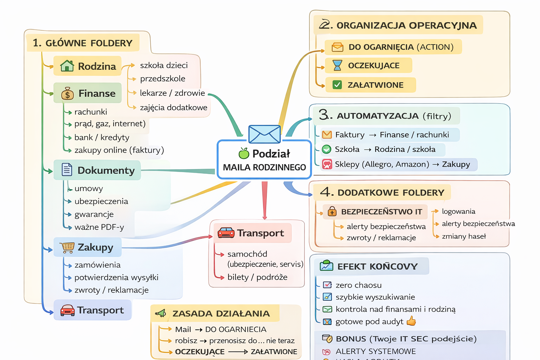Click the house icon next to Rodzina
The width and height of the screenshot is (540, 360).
(67, 66)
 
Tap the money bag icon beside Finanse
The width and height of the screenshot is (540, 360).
(67, 94)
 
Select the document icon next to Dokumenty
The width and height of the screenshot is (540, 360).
(67, 169)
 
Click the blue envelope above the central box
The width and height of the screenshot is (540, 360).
(264, 134)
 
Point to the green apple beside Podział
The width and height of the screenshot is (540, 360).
(244, 153)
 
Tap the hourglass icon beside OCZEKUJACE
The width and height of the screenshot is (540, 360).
(337, 65)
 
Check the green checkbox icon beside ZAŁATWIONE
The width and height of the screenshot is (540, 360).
(337, 85)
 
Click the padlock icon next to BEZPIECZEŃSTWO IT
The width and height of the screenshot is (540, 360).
(332, 211)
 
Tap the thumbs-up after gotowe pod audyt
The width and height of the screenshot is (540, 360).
(411, 321)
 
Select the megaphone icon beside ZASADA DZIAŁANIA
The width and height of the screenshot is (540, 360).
(161, 313)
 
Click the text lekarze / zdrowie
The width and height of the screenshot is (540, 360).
(172, 93)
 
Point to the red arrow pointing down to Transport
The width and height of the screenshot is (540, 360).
(265, 200)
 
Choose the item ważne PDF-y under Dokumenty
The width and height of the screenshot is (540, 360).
(99, 227)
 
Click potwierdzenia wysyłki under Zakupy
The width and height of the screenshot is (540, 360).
(116, 277)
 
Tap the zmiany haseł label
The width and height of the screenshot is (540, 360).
(464, 236)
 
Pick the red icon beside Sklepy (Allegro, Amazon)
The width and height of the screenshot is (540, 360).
(327, 164)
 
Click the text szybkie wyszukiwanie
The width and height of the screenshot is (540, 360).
(375, 297)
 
